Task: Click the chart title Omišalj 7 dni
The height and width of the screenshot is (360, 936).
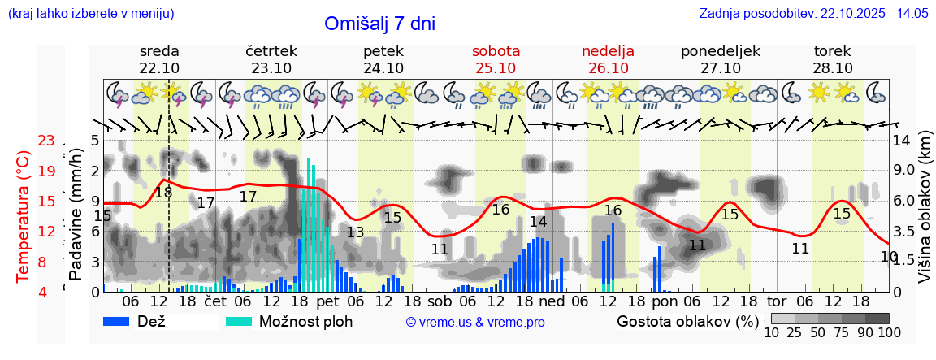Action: (x=379, y=24)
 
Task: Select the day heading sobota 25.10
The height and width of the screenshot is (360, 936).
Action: (x=496, y=59)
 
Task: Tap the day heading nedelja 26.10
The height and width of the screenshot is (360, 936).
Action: (x=608, y=59)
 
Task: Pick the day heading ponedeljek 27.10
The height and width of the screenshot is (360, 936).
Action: (x=720, y=59)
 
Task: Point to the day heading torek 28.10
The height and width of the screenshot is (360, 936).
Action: (x=833, y=59)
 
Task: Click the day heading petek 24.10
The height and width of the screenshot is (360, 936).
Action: (x=383, y=59)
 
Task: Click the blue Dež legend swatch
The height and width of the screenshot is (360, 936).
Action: (x=122, y=321)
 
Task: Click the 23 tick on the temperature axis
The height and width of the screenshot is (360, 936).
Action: (x=46, y=141)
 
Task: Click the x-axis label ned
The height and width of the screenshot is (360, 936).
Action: (x=552, y=301)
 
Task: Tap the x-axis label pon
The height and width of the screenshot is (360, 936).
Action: (x=664, y=301)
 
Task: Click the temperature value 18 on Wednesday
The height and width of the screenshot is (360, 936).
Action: (x=163, y=193)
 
